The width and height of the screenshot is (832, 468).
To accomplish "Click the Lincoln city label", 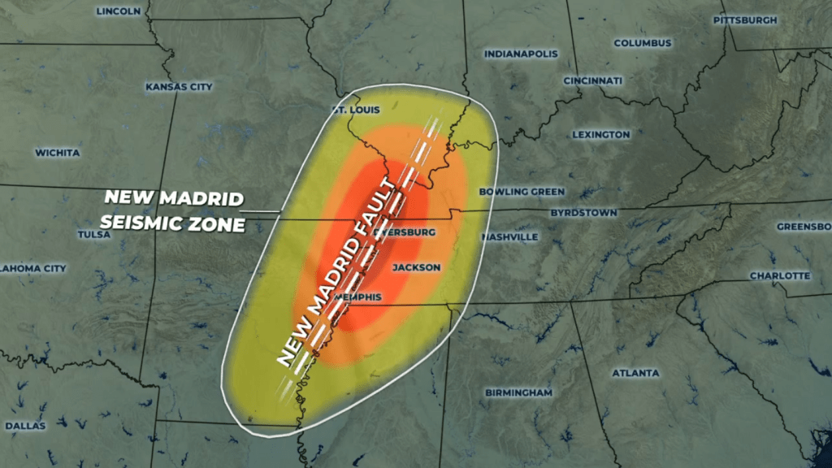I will (119, 11).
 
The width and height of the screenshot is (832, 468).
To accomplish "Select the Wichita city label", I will (57, 153).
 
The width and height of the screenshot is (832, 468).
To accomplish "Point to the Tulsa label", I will (93, 235).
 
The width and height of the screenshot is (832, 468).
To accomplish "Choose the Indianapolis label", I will (521, 54).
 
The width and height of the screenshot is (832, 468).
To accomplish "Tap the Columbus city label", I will (643, 43).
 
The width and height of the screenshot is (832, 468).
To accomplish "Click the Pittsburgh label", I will (745, 19).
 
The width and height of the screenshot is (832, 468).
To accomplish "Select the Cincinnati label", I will (592, 81).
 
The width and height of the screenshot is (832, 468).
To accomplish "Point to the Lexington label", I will (600, 134).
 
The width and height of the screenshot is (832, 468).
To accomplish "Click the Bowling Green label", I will (522, 192).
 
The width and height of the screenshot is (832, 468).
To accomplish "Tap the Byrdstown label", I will (583, 213).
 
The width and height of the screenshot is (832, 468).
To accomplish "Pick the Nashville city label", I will (509, 237).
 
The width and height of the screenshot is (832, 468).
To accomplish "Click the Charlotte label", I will (779, 276).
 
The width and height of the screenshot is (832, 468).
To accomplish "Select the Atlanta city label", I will (635, 373).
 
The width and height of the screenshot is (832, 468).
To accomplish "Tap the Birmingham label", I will (518, 392).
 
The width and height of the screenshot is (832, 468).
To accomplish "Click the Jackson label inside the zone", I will (416, 267).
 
